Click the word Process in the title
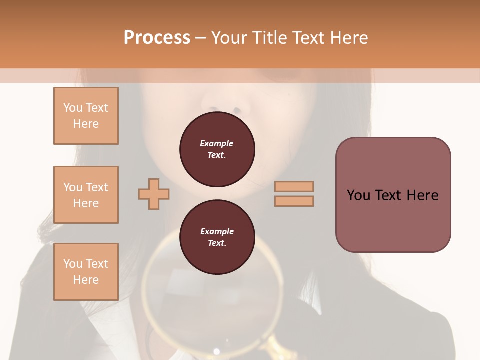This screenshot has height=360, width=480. point(157,37)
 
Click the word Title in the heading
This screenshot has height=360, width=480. point(270,37)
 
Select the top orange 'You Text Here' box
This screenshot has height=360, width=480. point(86,116)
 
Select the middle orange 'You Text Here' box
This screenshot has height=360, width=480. point(86,195)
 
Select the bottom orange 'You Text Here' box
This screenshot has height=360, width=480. point(86,272)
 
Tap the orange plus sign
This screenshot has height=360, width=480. point(154,194)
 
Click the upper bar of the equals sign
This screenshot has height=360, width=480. point(294,186)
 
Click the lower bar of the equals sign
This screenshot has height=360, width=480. point(294,201)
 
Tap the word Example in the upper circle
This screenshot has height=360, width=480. point(217,143)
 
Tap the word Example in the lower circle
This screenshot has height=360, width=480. point(217,231)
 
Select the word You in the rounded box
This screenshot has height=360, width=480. point(358,195)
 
